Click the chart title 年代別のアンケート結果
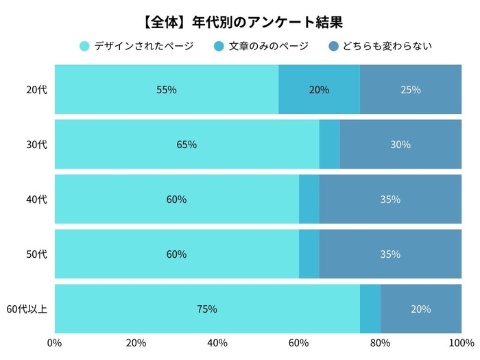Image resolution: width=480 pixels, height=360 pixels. (x=240, y=21)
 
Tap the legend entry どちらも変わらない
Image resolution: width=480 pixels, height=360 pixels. (x=387, y=47)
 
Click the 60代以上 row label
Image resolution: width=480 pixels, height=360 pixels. (x=27, y=309)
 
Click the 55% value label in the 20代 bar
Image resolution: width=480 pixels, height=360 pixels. (x=166, y=89)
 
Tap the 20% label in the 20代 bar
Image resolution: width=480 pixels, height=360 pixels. (x=319, y=89)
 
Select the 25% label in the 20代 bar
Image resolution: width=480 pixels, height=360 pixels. (x=411, y=89)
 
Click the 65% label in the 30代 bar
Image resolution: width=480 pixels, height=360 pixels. (x=187, y=145)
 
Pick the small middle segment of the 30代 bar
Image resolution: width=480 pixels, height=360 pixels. (x=329, y=145)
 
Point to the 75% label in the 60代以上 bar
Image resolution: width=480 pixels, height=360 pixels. (x=206, y=309)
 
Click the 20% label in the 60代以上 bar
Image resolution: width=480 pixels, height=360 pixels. (x=421, y=309)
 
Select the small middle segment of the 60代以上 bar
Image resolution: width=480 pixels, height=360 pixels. (x=370, y=309)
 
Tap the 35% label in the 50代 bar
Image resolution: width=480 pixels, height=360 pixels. (x=390, y=254)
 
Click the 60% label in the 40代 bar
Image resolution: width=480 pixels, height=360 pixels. (x=176, y=200)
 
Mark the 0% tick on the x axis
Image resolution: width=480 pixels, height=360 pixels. (x=55, y=343)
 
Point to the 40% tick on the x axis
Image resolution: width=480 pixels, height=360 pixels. (x=217, y=343)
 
